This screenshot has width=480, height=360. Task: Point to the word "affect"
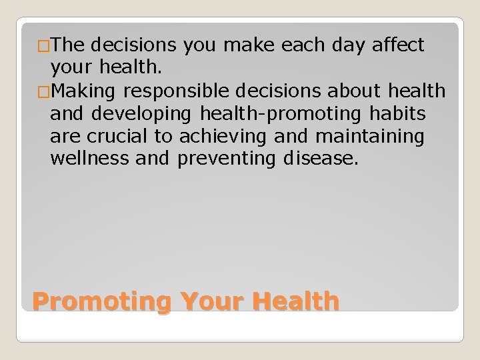[400, 45]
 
